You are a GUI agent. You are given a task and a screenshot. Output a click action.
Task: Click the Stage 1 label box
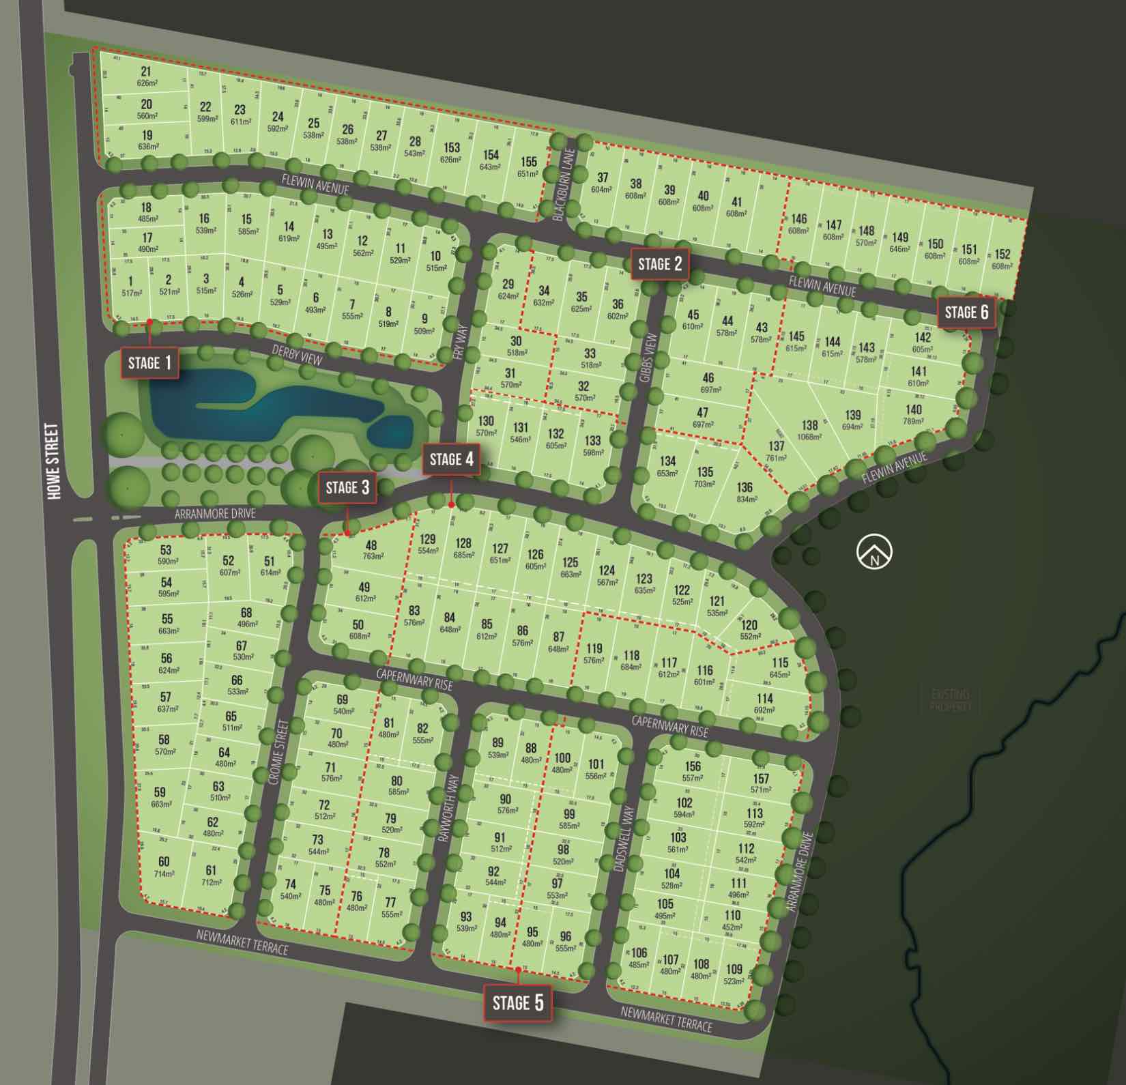[150, 362]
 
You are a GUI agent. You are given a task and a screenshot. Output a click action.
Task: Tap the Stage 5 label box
[518, 1002]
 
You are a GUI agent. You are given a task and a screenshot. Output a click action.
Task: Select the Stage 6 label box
[966, 313]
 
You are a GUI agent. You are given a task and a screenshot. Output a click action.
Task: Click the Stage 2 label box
[660, 264]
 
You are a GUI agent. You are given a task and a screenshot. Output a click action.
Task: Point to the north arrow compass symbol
[874, 552]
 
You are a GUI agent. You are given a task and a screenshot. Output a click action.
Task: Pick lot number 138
[809, 424]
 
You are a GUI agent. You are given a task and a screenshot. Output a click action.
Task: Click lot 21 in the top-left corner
[145, 72]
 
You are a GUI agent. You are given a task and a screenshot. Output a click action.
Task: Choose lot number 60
[164, 862]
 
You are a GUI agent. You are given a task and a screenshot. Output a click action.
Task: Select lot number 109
[734, 968]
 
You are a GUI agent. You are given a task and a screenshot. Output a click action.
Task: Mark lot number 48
[371, 545]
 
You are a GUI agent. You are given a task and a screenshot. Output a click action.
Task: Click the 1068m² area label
[809, 437]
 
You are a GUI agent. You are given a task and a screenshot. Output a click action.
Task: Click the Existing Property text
[950, 700]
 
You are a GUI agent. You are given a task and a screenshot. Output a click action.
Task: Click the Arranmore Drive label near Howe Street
[215, 513]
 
